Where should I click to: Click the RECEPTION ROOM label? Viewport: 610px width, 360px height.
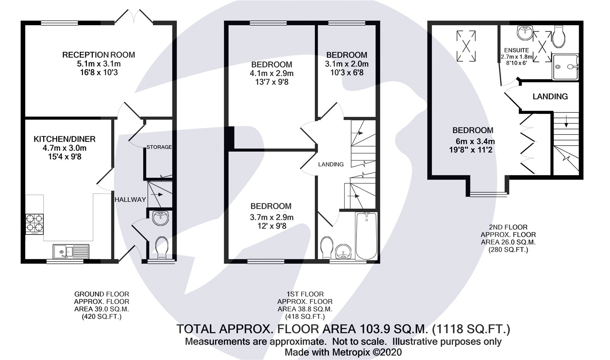click(x=98, y=55)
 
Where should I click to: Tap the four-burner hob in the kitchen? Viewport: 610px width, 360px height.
click(x=34, y=224)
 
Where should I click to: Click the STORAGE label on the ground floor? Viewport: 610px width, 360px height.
click(x=159, y=147)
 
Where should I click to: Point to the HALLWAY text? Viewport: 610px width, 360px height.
click(x=130, y=199)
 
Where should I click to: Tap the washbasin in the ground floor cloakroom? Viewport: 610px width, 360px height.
click(x=161, y=219)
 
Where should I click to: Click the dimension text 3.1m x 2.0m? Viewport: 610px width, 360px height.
click(x=347, y=64)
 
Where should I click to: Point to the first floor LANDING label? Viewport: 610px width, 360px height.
click(x=331, y=164)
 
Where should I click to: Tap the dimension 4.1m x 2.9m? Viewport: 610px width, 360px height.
click(x=272, y=73)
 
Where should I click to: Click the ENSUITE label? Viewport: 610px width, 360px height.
click(x=516, y=50)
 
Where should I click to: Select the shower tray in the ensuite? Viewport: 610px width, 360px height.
click(x=565, y=66)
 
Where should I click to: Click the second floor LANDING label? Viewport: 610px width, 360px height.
click(x=550, y=96)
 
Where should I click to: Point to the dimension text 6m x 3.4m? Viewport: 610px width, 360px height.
click(x=472, y=141)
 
